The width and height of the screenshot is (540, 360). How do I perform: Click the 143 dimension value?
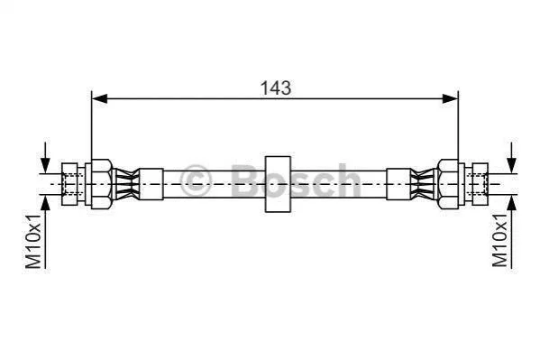pyautogui.click(x=276, y=88)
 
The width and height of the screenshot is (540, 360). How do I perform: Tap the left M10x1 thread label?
pyautogui.click(x=33, y=241)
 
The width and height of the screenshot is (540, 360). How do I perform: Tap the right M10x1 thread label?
pyautogui.click(x=499, y=240)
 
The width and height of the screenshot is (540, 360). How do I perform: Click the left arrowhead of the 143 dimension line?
pyautogui.click(x=100, y=99)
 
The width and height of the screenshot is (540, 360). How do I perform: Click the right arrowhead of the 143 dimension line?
pyautogui.click(x=450, y=99)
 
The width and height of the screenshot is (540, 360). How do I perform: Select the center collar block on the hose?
pyautogui.click(x=278, y=184)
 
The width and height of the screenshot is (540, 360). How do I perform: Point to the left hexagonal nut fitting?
pyautogui.click(x=102, y=184)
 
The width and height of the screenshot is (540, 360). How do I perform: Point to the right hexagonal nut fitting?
pyautogui.click(x=449, y=184)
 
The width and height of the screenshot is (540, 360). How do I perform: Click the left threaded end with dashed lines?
pyautogui.click(x=70, y=184)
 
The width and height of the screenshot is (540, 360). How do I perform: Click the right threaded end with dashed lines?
pyautogui.click(x=481, y=184)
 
